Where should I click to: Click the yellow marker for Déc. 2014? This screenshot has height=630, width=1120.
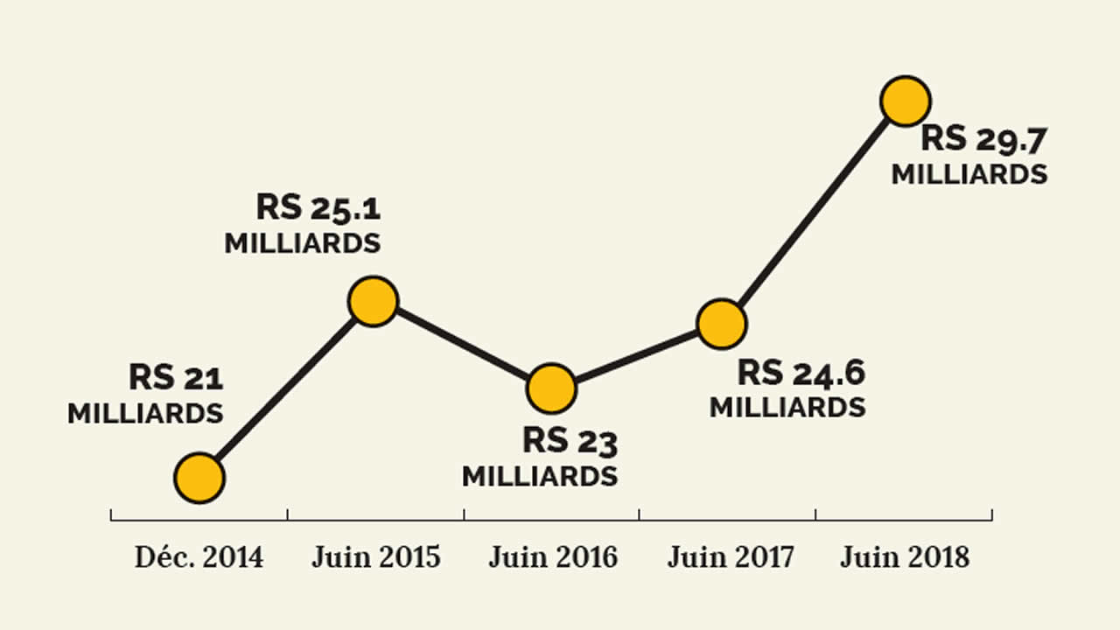199,478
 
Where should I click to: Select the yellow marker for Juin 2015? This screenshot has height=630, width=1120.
374,301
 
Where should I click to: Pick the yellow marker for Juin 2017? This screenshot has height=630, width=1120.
722,324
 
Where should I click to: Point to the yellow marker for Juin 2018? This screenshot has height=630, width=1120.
905,101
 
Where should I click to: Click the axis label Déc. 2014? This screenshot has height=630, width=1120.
199,557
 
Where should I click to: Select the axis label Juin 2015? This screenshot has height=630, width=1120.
376,557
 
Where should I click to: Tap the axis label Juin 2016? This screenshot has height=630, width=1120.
553,557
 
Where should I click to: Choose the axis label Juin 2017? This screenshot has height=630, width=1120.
731,557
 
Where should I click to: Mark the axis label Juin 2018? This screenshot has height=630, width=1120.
905,557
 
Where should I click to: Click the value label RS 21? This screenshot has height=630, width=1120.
176,378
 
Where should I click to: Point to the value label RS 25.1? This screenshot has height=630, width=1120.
318,207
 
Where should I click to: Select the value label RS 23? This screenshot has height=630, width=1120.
570,441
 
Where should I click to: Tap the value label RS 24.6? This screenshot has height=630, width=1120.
801,373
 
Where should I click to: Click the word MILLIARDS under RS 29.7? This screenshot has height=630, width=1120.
969,174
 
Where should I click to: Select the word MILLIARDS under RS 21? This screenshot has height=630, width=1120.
145,413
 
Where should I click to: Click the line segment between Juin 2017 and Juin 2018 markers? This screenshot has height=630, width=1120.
814,212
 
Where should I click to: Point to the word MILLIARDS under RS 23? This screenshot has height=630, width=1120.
540,477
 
